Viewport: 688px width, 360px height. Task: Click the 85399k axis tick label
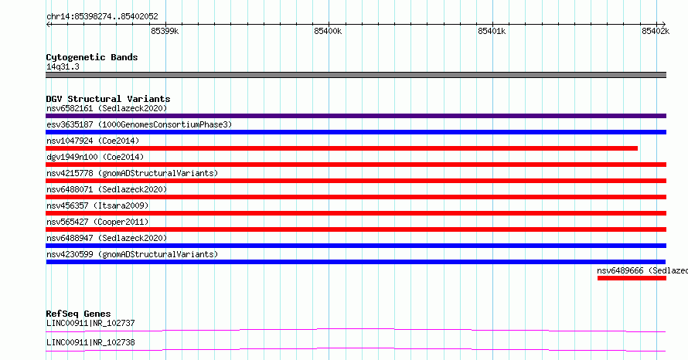coord(165,31)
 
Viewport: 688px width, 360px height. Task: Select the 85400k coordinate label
coord(328,31)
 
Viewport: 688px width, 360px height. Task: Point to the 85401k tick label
coord(492,31)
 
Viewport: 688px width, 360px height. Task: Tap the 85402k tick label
coord(656,31)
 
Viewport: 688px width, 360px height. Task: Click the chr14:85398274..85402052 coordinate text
coord(102,17)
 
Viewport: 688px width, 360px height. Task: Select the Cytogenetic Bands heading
coord(92,57)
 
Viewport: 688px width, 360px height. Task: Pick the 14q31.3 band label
coord(63,66)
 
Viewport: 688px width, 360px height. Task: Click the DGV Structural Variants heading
coord(108,99)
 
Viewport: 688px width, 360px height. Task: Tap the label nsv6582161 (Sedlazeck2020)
coord(107,108)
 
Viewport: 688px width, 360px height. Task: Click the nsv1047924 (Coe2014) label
coord(93,141)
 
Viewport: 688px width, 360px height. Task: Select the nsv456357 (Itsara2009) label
coord(97,205)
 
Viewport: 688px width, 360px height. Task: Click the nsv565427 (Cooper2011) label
coord(97,222)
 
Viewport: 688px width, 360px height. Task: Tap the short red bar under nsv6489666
coord(632,278)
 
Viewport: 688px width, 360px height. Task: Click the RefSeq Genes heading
coord(78,314)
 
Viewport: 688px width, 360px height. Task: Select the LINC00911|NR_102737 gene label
coord(90,324)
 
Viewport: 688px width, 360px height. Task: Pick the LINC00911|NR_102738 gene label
coord(90,343)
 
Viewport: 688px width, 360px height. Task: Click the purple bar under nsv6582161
coord(356,116)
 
